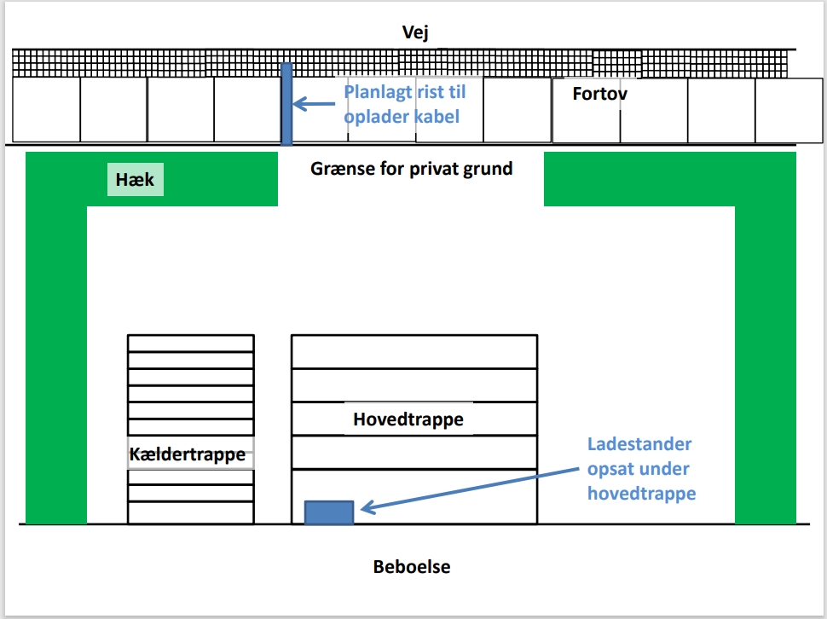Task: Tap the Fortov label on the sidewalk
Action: [599, 94]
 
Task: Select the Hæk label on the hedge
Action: [135, 180]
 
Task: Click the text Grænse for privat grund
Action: [411, 168]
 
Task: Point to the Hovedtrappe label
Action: [408, 419]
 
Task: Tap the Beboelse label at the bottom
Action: [412, 567]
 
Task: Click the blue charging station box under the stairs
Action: [329, 512]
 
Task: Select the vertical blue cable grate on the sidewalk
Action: [286, 103]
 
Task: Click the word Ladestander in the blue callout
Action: [639, 444]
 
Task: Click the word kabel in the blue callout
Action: [437, 115]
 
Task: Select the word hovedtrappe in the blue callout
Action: [641, 494]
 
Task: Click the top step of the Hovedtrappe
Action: [414, 351]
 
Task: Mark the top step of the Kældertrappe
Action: [191, 343]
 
